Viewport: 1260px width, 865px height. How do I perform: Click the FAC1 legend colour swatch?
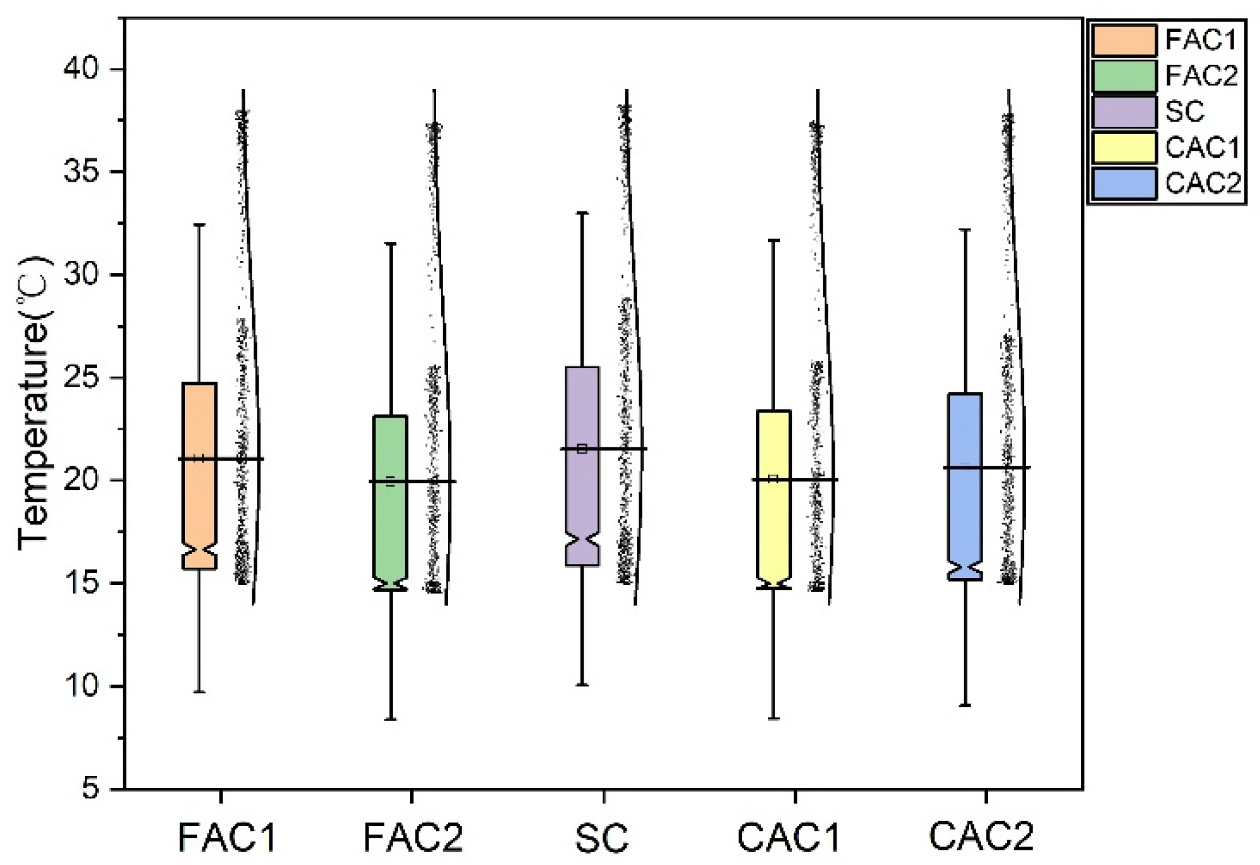pos(1124,41)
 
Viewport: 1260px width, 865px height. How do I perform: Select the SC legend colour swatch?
pos(1124,112)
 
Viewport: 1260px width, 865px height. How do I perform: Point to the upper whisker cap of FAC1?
pos(199,225)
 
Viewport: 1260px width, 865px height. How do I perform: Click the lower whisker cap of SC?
pos(582,685)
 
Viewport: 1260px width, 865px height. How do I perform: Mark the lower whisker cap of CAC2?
pos(965,705)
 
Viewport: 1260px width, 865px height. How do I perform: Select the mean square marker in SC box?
pos(582,449)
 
